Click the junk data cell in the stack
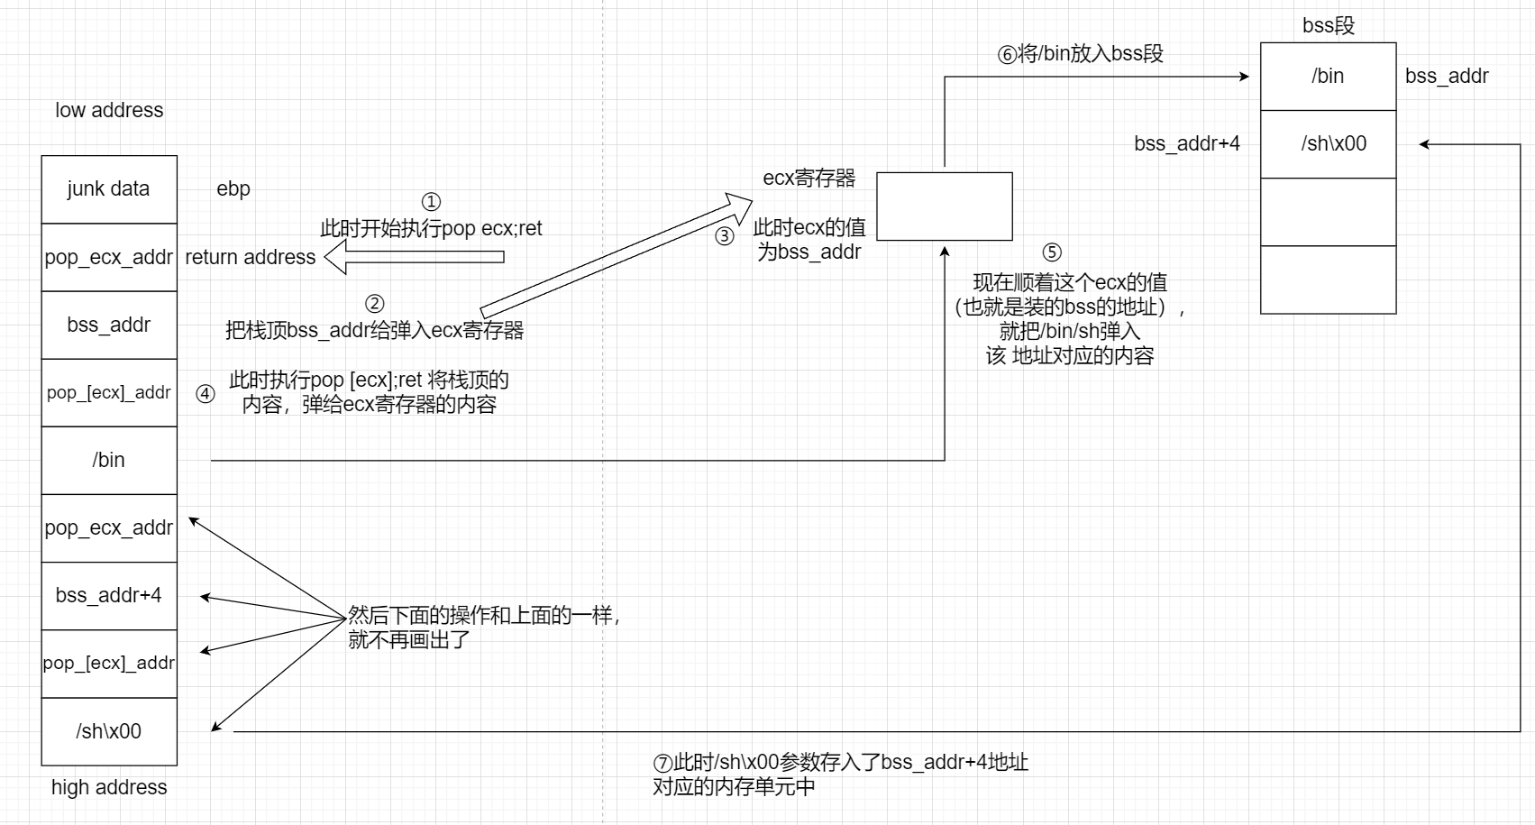[109, 189]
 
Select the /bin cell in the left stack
[109, 460]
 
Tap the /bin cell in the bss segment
[1328, 77]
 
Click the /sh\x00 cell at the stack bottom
[109, 731]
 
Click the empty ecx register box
[945, 206]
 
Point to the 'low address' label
[109, 110]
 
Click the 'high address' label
[109, 787]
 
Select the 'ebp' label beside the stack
[233, 188]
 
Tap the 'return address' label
[251, 257]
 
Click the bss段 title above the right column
[1329, 25]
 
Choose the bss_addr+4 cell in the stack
[109, 595]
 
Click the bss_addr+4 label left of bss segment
[1187, 143]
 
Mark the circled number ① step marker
[431, 202]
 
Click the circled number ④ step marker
[206, 393]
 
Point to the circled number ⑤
[1051, 252]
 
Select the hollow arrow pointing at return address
[414, 257]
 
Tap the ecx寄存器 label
[809, 178]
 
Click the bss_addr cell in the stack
[109, 325]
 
